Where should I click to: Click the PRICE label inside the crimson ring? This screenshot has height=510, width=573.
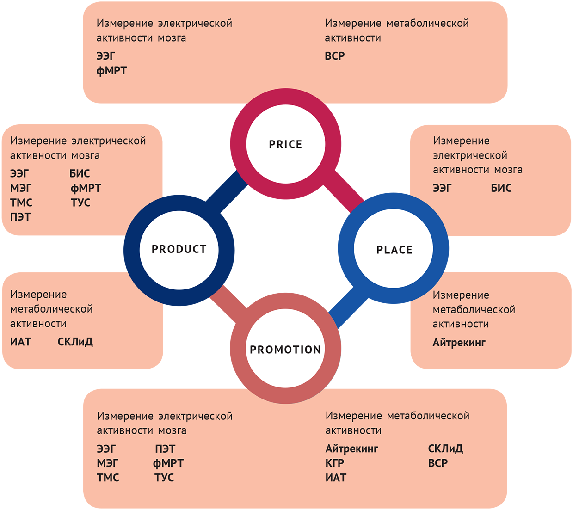pyautogui.click(x=285, y=145)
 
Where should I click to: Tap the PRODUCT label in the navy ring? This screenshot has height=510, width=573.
pyautogui.click(x=179, y=249)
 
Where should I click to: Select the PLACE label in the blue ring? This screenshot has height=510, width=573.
pyautogui.click(x=394, y=250)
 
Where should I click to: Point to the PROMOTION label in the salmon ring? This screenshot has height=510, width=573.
pyautogui.click(x=285, y=350)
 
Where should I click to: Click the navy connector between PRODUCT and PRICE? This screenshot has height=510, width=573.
pyautogui.click(x=227, y=192)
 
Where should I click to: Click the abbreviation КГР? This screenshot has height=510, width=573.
pyautogui.click(x=335, y=463)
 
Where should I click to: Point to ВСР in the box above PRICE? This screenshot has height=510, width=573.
pyautogui.click(x=335, y=56)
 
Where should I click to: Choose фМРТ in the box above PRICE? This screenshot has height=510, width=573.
pyautogui.click(x=111, y=71)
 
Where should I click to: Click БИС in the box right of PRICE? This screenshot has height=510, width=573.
pyautogui.click(x=501, y=188)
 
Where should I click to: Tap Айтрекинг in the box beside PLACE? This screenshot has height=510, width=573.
pyautogui.click(x=459, y=343)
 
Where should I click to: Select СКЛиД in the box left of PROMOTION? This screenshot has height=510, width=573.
pyautogui.click(x=75, y=342)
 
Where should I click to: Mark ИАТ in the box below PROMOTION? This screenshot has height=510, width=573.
pyautogui.click(x=336, y=478)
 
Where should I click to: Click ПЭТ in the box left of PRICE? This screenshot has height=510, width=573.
pyautogui.click(x=20, y=217)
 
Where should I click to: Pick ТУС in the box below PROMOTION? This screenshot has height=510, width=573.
pyautogui.click(x=164, y=478)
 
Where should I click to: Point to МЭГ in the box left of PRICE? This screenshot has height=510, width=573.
pyautogui.click(x=21, y=188)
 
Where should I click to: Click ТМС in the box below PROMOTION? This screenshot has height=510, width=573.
pyautogui.click(x=108, y=478)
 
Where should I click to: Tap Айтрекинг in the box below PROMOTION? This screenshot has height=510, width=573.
pyautogui.click(x=351, y=449)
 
